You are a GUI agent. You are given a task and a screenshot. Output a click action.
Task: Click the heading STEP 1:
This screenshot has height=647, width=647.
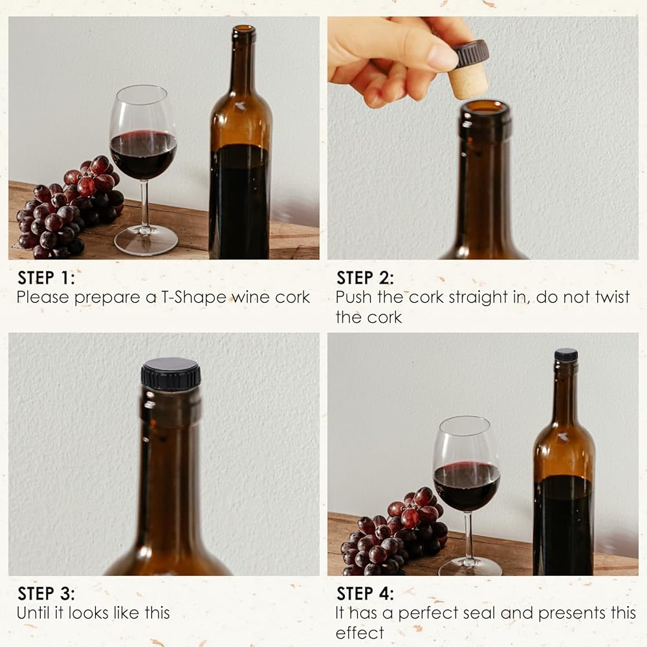[x=46, y=278]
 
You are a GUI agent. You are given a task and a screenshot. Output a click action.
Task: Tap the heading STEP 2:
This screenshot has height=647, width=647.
[x=365, y=278]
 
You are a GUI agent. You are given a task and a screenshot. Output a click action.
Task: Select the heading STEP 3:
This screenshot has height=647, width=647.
[x=46, y=594]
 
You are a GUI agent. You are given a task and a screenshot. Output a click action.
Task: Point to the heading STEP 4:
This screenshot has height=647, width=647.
[x=365, y=594]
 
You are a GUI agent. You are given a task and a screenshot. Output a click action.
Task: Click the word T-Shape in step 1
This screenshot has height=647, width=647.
[x=193, y=298]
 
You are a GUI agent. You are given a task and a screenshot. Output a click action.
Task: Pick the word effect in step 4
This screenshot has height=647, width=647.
[x=360, y=633]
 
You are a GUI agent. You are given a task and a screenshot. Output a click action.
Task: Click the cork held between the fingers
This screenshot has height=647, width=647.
[x=471, y=70]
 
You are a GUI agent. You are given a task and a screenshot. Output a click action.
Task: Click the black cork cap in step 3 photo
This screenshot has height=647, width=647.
[x=171, y=374]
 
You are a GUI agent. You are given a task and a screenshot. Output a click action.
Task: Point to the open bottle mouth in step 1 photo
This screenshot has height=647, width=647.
[x=244, y=30]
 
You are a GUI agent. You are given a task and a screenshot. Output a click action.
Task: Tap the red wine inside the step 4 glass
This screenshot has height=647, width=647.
[x=466, y=486]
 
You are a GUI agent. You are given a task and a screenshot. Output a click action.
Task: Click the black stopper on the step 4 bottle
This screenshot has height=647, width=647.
[x=566, y=355]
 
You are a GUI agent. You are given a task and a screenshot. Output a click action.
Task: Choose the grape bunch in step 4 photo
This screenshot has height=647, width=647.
[x=395, y=532]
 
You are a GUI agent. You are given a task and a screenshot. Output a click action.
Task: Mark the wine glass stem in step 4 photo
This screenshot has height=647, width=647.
[x=468, y=536]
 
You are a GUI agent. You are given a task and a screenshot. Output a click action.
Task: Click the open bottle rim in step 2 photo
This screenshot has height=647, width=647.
[x=485, y=107]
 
